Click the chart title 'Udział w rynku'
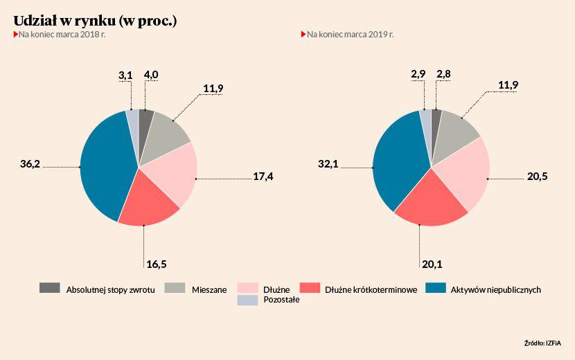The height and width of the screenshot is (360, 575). point(95,20)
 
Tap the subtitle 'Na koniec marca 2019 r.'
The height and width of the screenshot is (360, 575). point(350,33)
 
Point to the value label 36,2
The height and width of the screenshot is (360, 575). point(30,164)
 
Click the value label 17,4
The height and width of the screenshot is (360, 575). point(263,177)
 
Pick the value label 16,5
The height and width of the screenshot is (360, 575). point(156,264)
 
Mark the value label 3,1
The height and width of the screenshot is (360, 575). point(125,74)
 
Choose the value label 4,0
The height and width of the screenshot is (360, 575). point(151,74)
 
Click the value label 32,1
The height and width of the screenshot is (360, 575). point(328,164)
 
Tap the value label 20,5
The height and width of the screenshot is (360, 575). point(537,177)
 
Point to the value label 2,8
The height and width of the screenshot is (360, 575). point(444,74)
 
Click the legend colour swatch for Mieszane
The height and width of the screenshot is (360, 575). point(175,288)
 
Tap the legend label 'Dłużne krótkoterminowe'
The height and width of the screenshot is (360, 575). point(371,289)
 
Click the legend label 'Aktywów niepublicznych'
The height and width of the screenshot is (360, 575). point(495,289)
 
